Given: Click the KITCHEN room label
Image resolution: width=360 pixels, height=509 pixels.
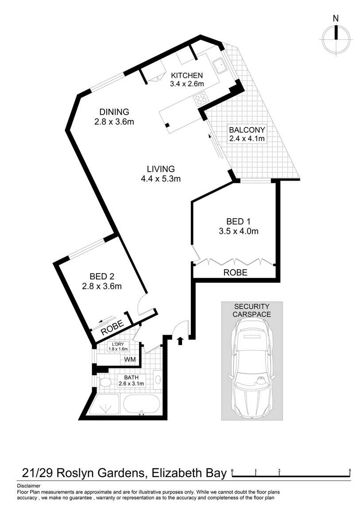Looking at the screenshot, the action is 187,75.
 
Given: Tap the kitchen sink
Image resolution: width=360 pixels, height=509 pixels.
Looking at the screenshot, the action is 220,66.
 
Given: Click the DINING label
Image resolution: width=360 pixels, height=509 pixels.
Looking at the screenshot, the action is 114,112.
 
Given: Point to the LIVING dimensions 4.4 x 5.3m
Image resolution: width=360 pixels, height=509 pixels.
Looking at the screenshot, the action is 161,178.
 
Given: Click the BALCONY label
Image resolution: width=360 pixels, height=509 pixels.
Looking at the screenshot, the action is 247,130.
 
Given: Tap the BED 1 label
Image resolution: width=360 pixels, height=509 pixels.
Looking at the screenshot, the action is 239,222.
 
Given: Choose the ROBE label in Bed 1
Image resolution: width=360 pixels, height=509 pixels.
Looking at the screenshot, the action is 235,272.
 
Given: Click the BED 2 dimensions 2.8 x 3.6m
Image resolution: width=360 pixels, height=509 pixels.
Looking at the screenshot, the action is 102,286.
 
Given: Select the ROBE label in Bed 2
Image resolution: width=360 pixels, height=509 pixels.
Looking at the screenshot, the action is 112,328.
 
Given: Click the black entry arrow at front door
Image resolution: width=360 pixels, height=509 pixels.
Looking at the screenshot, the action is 181,340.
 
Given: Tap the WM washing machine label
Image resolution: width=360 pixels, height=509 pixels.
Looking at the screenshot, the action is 130,360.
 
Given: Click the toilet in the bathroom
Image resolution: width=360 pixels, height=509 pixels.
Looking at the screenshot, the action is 105,383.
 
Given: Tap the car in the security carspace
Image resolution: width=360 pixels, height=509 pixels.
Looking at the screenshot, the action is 252,367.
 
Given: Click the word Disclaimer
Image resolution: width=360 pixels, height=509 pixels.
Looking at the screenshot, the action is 29,486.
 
